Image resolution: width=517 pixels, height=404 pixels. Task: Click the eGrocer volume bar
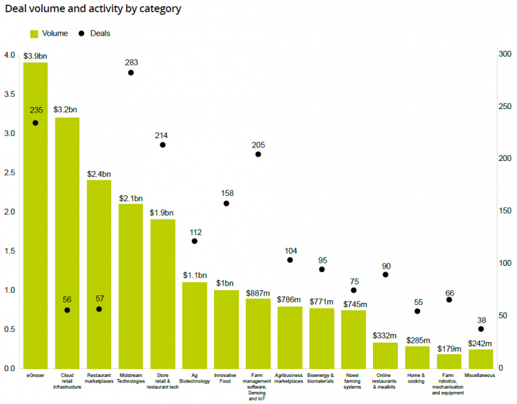35,215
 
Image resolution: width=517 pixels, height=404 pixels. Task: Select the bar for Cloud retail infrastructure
67,242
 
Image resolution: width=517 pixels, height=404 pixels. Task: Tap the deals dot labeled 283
131,73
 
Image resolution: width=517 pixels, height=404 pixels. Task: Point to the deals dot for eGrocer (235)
35,123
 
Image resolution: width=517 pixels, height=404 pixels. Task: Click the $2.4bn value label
99,173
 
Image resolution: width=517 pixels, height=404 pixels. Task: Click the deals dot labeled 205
258,154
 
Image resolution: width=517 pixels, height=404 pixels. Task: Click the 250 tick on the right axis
504,107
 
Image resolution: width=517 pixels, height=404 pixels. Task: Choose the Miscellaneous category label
481,375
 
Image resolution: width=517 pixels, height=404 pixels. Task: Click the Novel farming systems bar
353,339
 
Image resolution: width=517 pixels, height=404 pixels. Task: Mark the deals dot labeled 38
481,329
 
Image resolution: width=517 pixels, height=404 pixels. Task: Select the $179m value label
449,347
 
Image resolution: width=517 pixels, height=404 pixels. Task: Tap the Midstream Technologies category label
131,378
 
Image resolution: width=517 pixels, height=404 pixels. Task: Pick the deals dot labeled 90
386,275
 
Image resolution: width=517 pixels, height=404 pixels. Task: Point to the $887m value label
258,292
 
